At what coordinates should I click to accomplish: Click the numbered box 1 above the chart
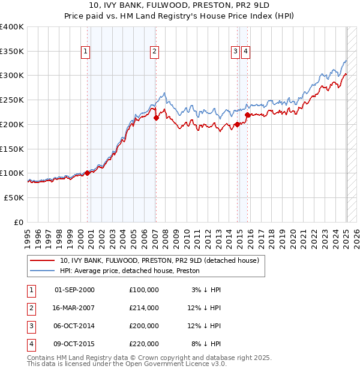(x=86, y=52)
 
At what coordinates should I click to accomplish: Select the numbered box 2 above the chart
(x=155, y=52)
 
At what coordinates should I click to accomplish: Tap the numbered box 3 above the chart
(x=236, y=52)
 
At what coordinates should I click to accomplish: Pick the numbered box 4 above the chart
(x=247, y=52)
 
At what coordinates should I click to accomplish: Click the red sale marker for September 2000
(x=88, y=173)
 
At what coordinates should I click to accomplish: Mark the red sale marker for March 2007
(x=156, y=118)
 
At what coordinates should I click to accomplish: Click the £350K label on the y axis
(x=12, y=52)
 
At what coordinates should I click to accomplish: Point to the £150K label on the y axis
(x=12, y=149)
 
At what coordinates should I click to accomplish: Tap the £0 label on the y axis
(x=18, y=222)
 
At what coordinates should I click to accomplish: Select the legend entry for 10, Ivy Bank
(x=159, y=261)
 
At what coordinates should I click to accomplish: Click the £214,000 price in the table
(x=143, y=307)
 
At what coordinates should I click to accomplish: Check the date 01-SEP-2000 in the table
(x=74, y=289)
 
